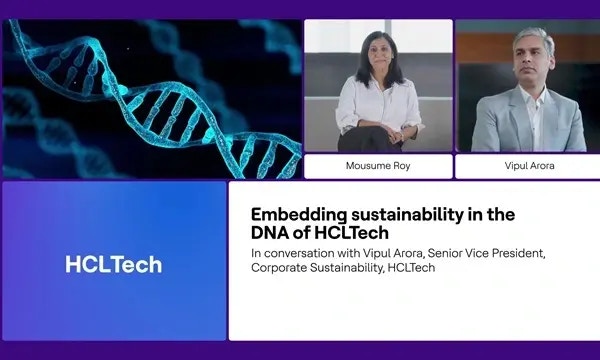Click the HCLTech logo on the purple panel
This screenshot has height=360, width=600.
(113, 264)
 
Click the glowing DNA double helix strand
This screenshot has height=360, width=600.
(150, 95)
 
